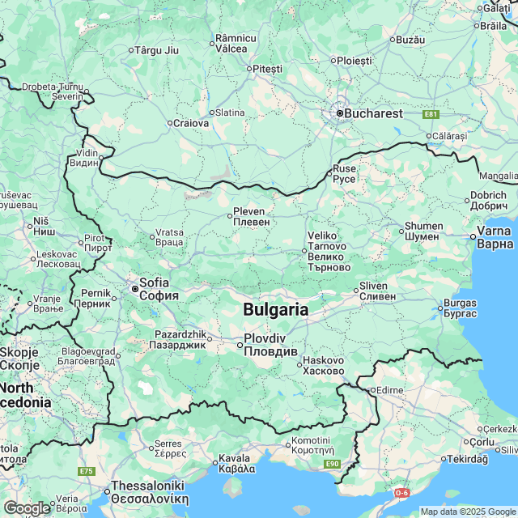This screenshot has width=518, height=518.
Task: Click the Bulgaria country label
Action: tap(276, 309)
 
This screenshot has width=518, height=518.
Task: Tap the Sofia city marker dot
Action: tap(134, 288)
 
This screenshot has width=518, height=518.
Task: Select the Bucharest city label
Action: tap(373, 113)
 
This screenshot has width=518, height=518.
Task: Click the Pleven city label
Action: tap(251, 216)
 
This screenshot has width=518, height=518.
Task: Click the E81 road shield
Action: tap(431, 114)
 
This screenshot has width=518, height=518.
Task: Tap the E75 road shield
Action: tap(86, 470)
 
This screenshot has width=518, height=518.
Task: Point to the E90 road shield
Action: tap(331, 463)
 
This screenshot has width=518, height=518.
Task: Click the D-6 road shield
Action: tap(402, 492)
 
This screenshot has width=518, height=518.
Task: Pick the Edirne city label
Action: tap(389, 390)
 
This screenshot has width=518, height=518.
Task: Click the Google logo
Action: tap(27, 507)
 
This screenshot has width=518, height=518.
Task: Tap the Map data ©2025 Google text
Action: tap(468, 512)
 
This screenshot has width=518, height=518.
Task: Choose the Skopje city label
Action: tap(14, 358)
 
